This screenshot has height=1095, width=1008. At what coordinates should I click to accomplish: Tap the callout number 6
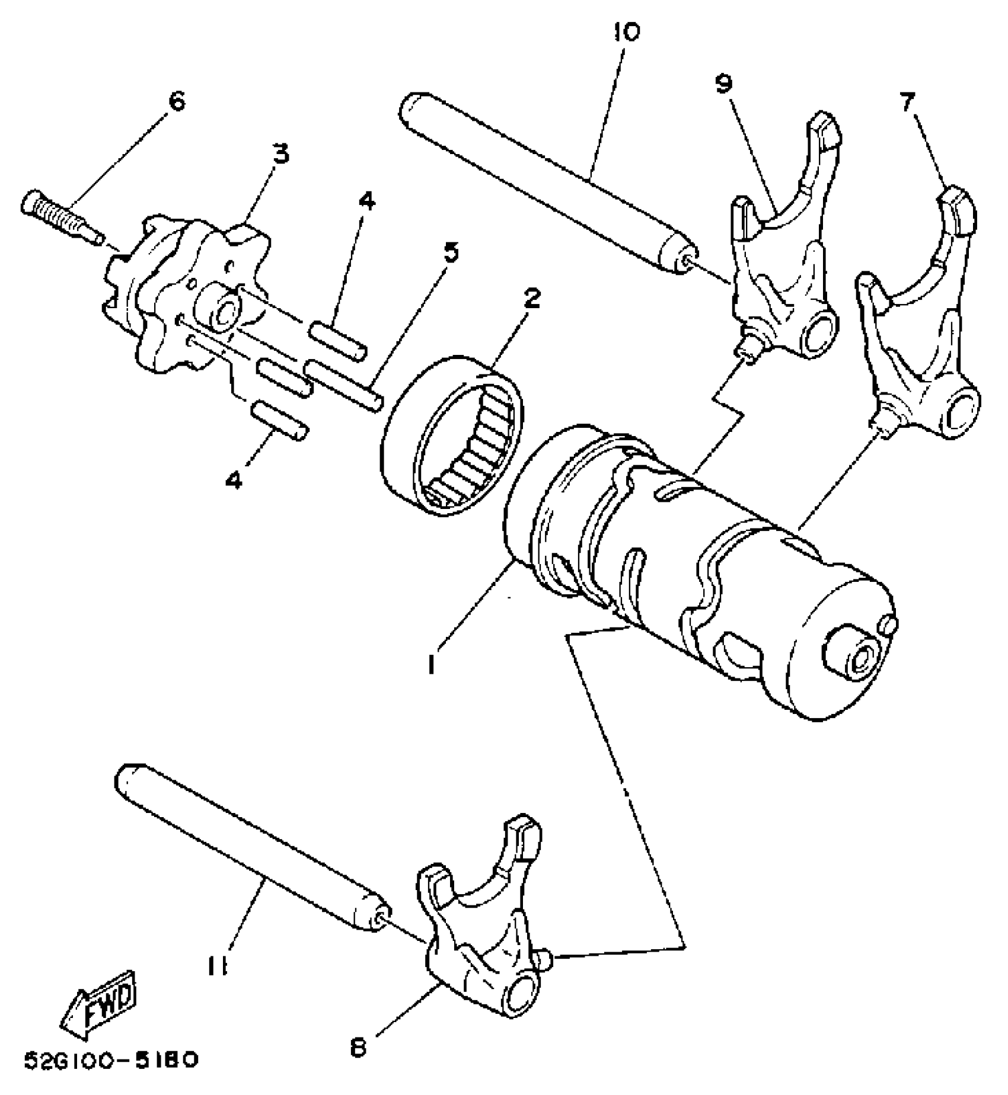176,101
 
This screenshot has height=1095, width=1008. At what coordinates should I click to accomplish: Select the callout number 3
280,153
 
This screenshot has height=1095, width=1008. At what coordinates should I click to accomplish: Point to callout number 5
451,252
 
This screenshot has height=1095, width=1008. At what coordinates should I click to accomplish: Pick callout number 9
723,84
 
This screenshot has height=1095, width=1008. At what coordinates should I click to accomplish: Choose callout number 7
907,102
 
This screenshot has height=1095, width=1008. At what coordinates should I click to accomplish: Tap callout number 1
432,664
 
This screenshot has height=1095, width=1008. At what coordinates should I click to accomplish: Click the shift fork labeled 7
919,332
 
